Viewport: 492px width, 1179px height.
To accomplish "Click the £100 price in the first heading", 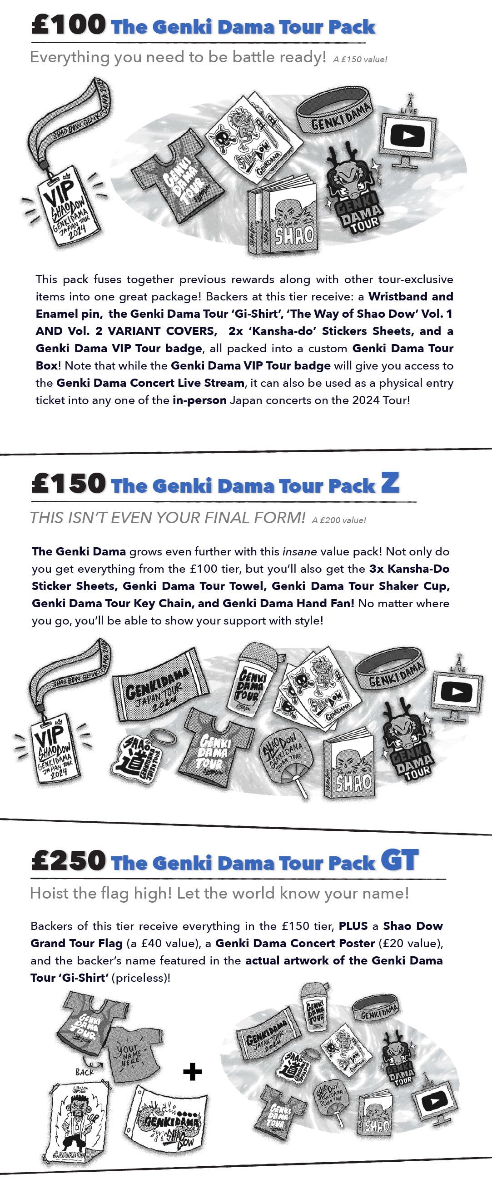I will point(69,25).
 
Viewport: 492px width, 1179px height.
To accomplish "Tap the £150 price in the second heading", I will point(69,483).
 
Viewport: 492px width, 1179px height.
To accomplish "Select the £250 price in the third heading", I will point(69,860).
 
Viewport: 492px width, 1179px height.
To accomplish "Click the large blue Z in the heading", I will point(390,482).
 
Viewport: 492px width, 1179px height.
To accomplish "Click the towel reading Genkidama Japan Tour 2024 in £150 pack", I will point(158,684).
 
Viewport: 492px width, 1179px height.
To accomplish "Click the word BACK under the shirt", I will point(84,1072).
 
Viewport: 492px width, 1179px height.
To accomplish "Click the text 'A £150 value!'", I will point(360,60).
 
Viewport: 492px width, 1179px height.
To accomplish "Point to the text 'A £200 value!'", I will point(339,520).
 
